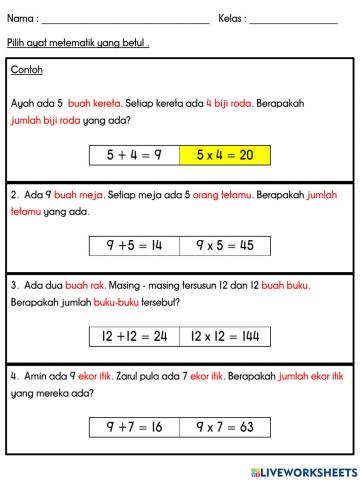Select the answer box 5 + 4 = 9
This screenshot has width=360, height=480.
coord(133,155)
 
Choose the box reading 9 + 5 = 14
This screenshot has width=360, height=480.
coord(133,245)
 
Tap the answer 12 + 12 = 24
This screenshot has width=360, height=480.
coord(133,337)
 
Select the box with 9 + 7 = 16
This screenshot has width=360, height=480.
coord(133,427)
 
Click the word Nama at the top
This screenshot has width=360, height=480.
coord(22,19)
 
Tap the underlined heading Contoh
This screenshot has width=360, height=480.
coord(27,70)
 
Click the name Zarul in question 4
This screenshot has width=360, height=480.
coord(119,377)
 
